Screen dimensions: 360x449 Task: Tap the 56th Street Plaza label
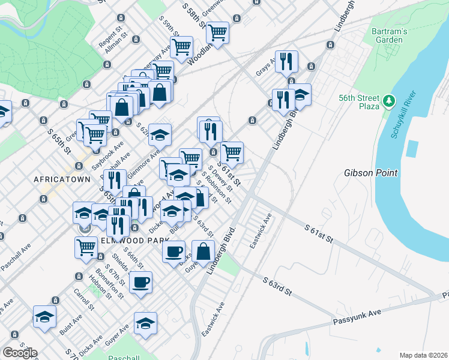(x=359, y=102)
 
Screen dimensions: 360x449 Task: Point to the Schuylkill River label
(x=403, y=116)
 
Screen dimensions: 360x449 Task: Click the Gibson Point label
(x=370, y=173)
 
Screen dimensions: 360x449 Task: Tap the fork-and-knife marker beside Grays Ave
(x=286, y=61)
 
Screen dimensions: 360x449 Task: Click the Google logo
(x=20, y=352)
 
